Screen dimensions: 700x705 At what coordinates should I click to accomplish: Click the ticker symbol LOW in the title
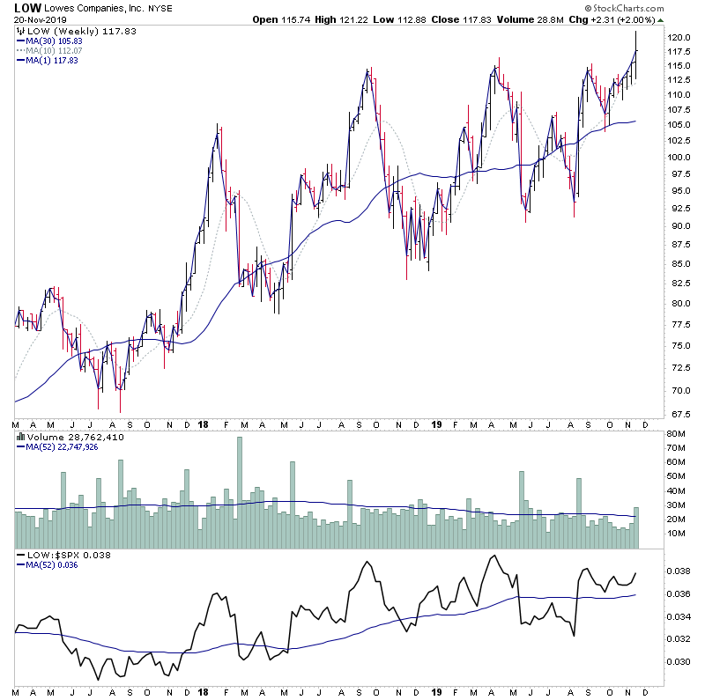[x=26, y=8]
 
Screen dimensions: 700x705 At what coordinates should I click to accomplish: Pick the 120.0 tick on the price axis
[x=679, y=38]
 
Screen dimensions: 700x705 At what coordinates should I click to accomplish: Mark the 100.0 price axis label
[x=679, y=158]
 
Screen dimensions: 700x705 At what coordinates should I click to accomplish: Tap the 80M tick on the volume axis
[x=676, y=434]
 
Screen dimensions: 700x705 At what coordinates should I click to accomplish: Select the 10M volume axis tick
[x=676, y=533]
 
